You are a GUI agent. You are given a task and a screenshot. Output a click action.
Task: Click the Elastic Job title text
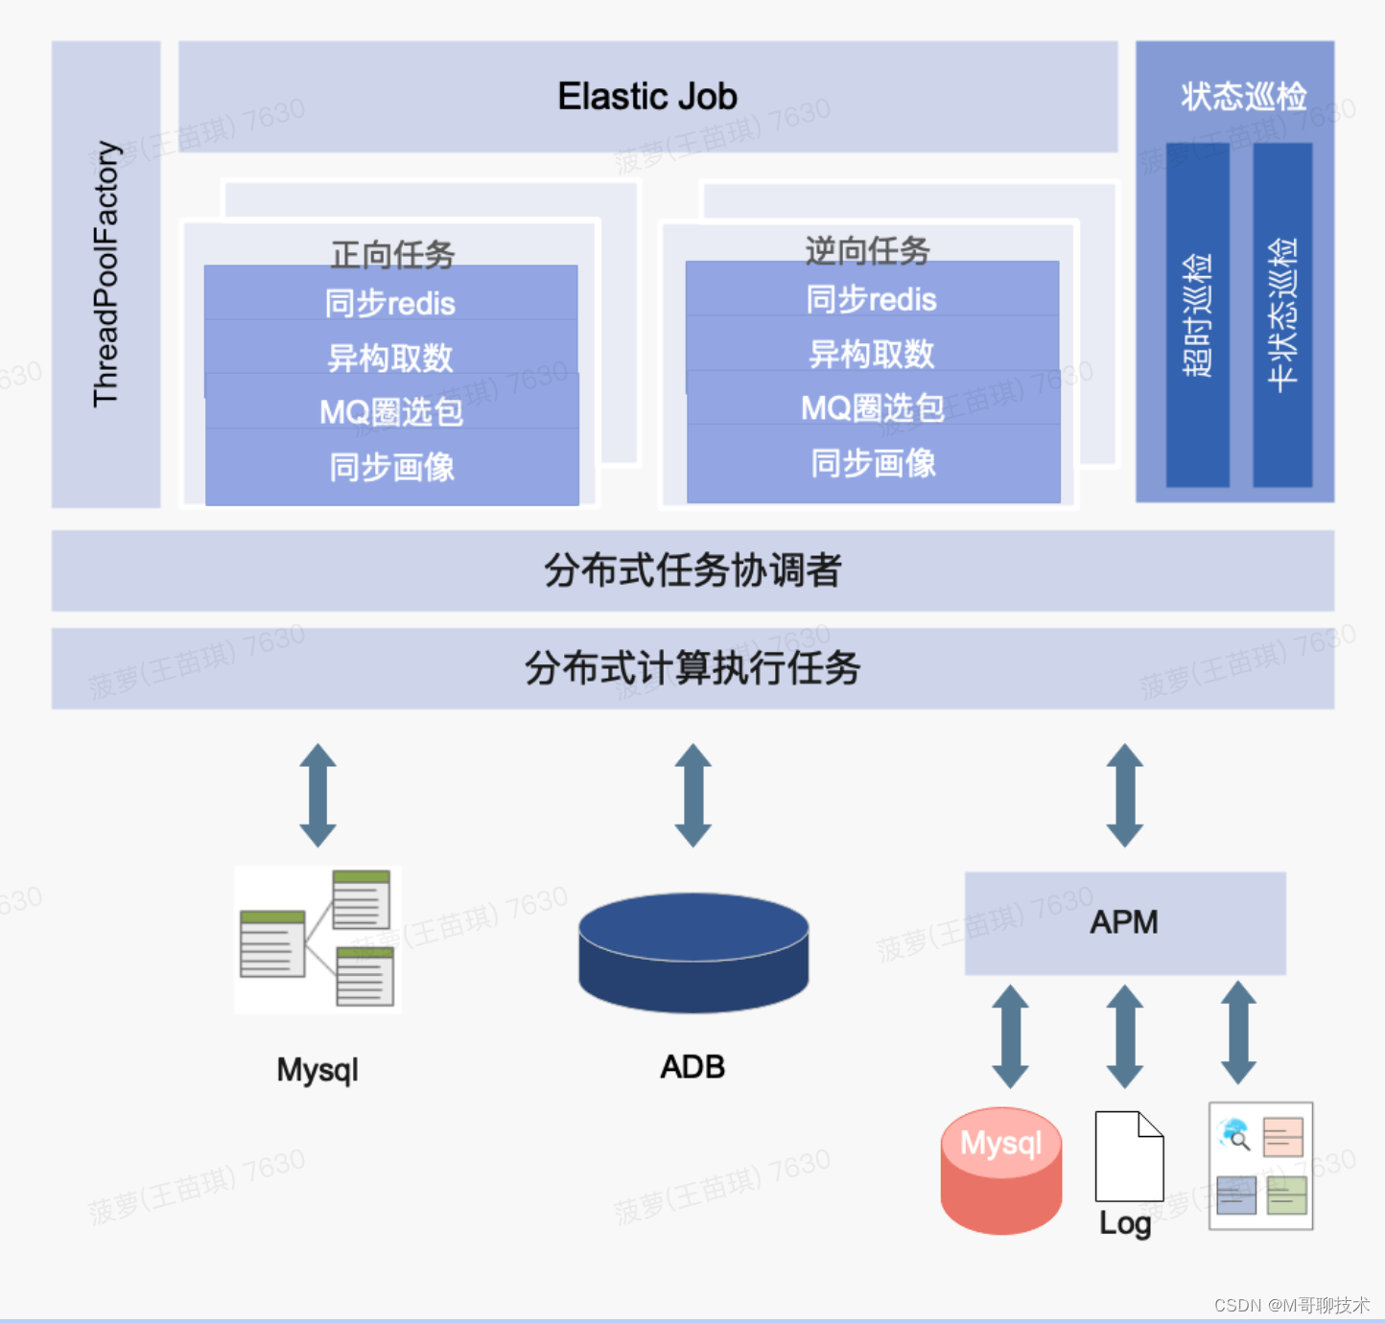pyautogui.click(x=647, y=97)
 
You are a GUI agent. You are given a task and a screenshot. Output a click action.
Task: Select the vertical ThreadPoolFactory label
pyautogui.click(x=106, y=274)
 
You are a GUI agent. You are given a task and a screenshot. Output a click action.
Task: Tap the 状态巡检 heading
pyautogui.click(x=1243, y=96)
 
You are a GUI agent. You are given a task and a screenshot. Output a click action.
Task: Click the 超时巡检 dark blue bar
pyautogui.click(x=1197, y=315)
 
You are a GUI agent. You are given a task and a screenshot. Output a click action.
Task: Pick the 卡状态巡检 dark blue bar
pyautogui.click(x=1282, y=315)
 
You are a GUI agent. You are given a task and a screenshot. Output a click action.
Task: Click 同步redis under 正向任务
pyautogui.click(x=390, y=304)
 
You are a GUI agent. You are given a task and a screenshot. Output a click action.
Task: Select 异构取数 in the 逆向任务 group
pyautogui.click(x=872, y=355)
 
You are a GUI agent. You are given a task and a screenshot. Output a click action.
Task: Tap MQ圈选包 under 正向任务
pyautogui.click(x=391, y=412)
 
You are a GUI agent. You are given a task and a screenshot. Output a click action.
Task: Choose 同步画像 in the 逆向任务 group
pyautogui.click(x=873, y=464)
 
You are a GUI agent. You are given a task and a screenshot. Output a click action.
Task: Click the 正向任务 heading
pyautogui.click(x=392, y=253)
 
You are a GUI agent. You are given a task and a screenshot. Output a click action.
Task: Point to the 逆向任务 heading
pyautogui.click(x=867, y=249)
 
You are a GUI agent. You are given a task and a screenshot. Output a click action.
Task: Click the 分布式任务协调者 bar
pyautogui.click(x=692, y=570)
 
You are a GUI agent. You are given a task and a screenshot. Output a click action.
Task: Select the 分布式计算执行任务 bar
pyautogui.click(x=692, y=668)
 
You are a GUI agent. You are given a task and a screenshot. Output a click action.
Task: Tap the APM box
pyautogui.click(x=1124, y=922)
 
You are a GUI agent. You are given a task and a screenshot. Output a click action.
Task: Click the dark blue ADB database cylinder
pyautogui.click(x=693, y=953)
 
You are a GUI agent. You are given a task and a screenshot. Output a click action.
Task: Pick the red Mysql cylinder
pyautogui.click(x=1000, y=1170)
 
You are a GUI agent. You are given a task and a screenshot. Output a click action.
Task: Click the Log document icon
pyautogui.click(x=1129, y=1156)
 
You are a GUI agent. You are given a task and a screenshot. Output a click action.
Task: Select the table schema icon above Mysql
pyautogui.click(x=317, y=939)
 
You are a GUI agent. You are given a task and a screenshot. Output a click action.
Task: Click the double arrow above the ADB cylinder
pyautogui.click(x=692, y=795)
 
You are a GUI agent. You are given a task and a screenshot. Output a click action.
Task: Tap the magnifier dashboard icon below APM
pyautogui.click(x=1260, y=1166)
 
